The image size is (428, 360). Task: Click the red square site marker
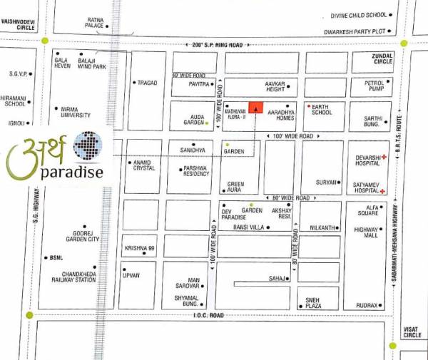coord(256,108)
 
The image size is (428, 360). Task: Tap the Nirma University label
coord(75,112)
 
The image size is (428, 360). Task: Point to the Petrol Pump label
coord(368,87)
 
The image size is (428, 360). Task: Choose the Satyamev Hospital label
coord(366,188)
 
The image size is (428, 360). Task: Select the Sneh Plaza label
coord(312,303)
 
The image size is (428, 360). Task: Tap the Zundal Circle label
coord(382,58)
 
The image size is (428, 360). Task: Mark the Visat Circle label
coord(412,331)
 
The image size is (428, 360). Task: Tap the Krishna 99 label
coord(140,249)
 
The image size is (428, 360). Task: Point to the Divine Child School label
coord(358,14)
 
